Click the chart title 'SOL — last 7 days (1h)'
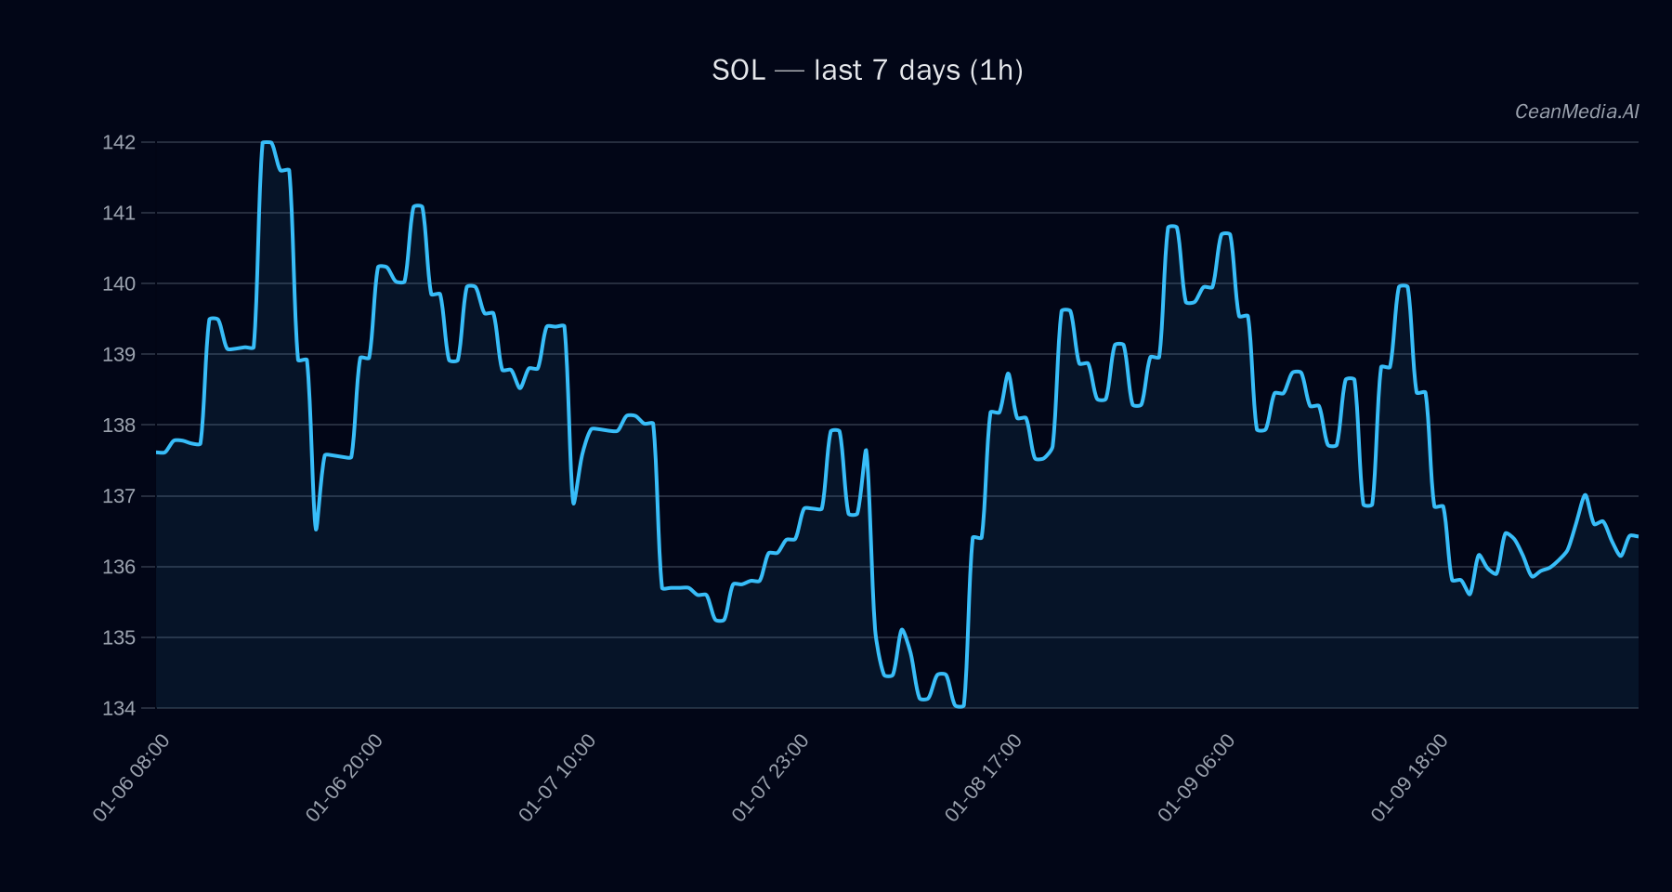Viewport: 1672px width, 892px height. pyautogui.click(x=867, y=71)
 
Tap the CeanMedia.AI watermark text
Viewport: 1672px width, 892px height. pyautogui.click(x=1576, y=111)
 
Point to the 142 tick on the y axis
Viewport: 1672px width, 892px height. pyautogui.click(x=119, y=142)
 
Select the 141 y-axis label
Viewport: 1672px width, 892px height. pyautogui.click(x=119, y=213)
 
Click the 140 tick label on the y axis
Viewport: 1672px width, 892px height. pyautogui.click(x=119, y=283)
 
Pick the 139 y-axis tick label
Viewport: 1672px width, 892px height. pyautogui.click(x=119, y=354)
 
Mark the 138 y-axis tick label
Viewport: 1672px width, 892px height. pyautogui.click(x=119, y=426)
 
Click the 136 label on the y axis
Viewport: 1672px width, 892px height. pyautogui.click(x=119, y=567)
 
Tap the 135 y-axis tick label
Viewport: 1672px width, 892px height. pyautogui.click(x=119, y=637)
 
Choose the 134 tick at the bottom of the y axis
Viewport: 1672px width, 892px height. pyautogui.click(x=119, y=708)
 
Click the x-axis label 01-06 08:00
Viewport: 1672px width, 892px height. pyautogui.click(x=132, y=778)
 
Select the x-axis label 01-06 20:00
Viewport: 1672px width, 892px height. pyautogui.click(x=345, y=778)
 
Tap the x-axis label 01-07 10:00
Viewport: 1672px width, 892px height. pyautogui.click(x=557, y=778)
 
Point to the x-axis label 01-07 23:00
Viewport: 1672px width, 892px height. pyautogui.click(x=770, y=778)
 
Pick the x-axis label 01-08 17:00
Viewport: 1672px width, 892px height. pyautogui.click(x=984, y=778)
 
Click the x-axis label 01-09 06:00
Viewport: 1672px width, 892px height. pyautogui.click(x=1196, y=778)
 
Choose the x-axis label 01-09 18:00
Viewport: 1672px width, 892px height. pyautogui.click(x=1409, y=778)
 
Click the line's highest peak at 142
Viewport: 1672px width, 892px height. pyautogui.click(x=267, y=142)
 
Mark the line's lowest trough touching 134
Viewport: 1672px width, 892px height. pyautogui.click(x=960, y=706)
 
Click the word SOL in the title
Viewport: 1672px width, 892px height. pyautogui.click(x=738, y=71)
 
